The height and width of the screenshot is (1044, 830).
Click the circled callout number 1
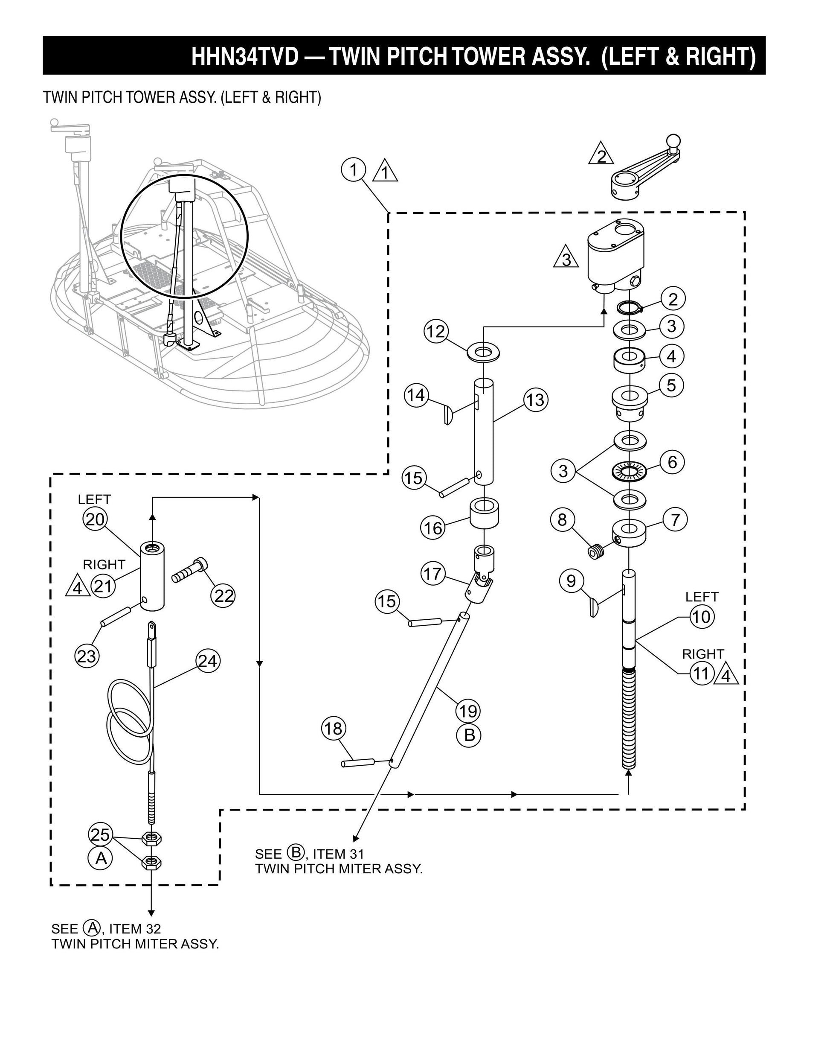[353, 170]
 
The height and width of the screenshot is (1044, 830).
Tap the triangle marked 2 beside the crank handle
[601, 155]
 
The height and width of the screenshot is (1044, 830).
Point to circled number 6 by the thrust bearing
[672, 462]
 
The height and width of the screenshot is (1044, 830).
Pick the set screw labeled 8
[597, 551]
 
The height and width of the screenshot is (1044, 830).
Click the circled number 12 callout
[436, 332]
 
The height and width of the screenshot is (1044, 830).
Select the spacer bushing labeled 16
[485, 514]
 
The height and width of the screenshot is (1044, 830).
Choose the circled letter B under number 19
[468, 735]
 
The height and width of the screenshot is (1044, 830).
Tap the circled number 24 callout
[208, 661]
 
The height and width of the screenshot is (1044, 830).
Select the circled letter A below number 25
[101, 858]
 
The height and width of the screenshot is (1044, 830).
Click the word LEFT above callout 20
[94, 499]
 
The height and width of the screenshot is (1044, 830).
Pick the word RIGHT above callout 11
[703, 654]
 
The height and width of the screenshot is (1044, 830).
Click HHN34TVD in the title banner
[245, 57]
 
